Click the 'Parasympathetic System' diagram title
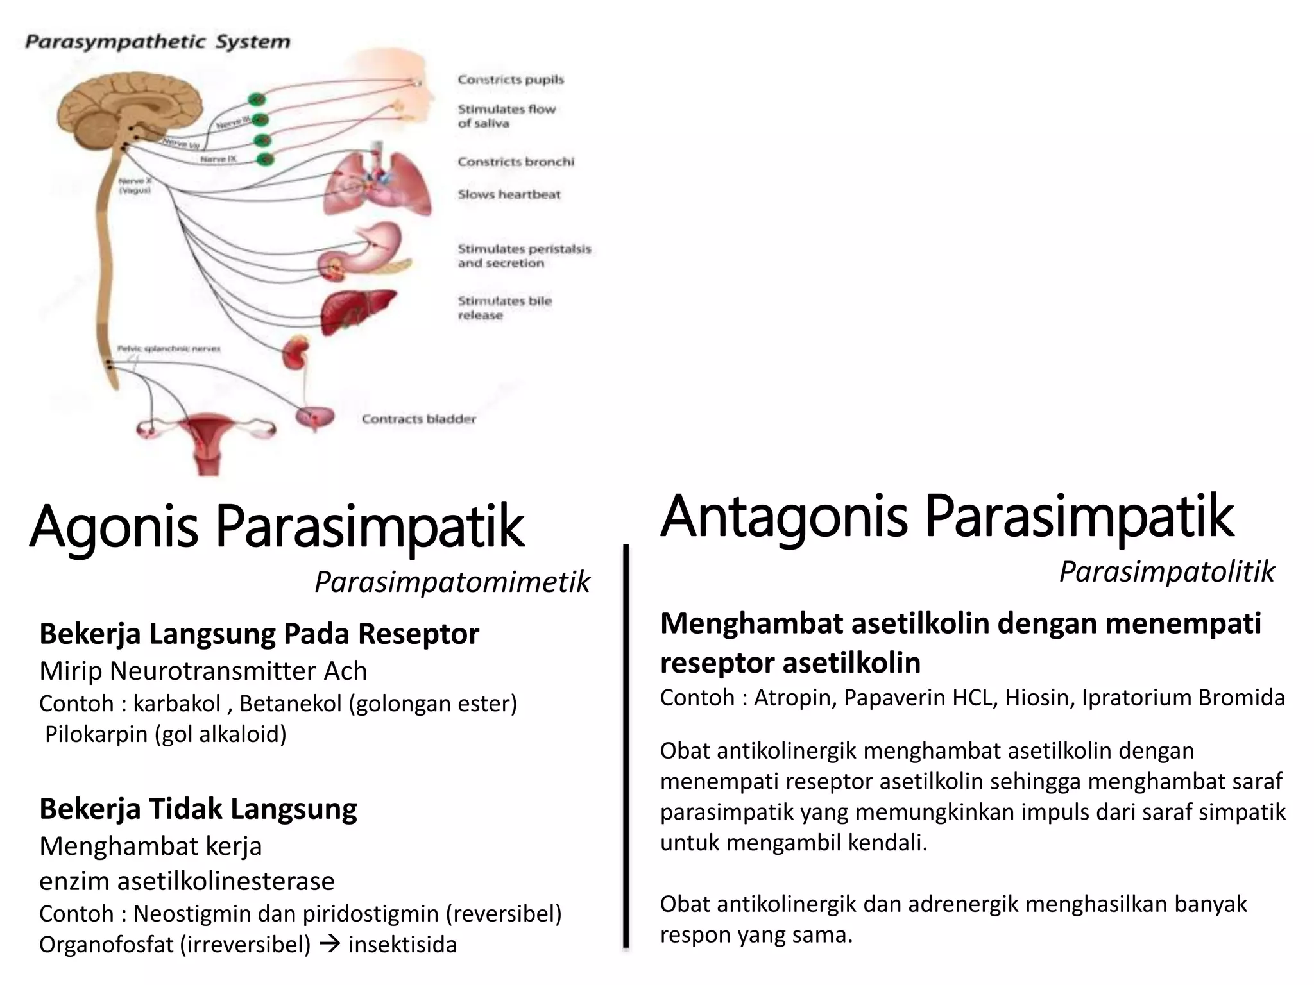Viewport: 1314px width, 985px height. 157,42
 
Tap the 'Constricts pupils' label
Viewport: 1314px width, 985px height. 510,80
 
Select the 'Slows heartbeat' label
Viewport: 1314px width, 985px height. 509,194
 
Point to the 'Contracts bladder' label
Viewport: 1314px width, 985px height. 418,419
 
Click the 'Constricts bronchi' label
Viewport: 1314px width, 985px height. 515,162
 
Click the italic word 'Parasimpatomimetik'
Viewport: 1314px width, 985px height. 452,582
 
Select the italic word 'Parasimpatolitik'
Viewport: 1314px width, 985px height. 1166,571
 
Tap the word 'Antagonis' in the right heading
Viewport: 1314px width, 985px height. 783,517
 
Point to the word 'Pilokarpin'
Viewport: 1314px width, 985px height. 96,734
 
